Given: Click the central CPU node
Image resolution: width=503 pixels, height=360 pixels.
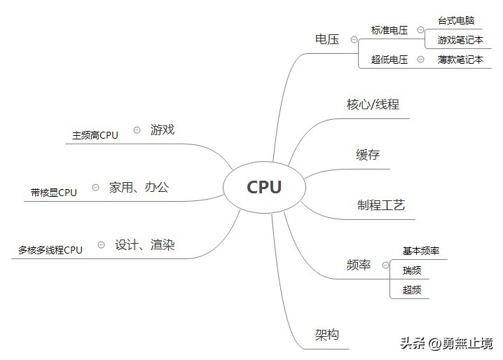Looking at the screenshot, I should (264, 187).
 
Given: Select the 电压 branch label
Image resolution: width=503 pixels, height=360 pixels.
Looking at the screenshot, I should (327, 40).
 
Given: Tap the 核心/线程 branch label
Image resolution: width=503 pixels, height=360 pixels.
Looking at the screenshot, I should (373, 105).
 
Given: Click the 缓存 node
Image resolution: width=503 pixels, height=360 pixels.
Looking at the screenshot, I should (368, 155).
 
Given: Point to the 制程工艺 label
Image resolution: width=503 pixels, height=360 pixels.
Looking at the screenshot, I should (381, 205).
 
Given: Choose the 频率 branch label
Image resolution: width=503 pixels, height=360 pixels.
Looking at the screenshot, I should (359, 265).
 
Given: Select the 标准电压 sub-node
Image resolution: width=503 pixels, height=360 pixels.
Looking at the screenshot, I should (390, 30).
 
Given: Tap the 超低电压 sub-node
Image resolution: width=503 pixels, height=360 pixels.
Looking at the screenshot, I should (390, 60).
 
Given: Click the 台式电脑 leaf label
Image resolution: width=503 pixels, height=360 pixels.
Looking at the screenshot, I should (456, 20).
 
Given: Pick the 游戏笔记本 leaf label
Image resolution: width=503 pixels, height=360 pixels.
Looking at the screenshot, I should (460, 40).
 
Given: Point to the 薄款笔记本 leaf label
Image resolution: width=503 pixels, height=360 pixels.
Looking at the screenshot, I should (460, 60).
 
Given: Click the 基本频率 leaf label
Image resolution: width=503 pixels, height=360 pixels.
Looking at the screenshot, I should (421, 251).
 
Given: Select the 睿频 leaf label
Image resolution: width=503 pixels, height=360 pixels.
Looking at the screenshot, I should (412, 270).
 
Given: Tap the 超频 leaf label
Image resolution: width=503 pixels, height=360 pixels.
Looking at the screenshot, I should (412, 289).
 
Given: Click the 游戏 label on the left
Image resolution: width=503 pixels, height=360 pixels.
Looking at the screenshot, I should (162, 130).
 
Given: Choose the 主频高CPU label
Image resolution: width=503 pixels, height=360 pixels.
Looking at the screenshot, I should (95, 135).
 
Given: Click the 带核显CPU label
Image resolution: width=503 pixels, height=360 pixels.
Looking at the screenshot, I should (54, 192).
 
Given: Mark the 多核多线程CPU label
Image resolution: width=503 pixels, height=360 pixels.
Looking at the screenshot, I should (50, 249).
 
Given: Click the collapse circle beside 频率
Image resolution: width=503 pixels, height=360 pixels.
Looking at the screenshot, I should (385, 265).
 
